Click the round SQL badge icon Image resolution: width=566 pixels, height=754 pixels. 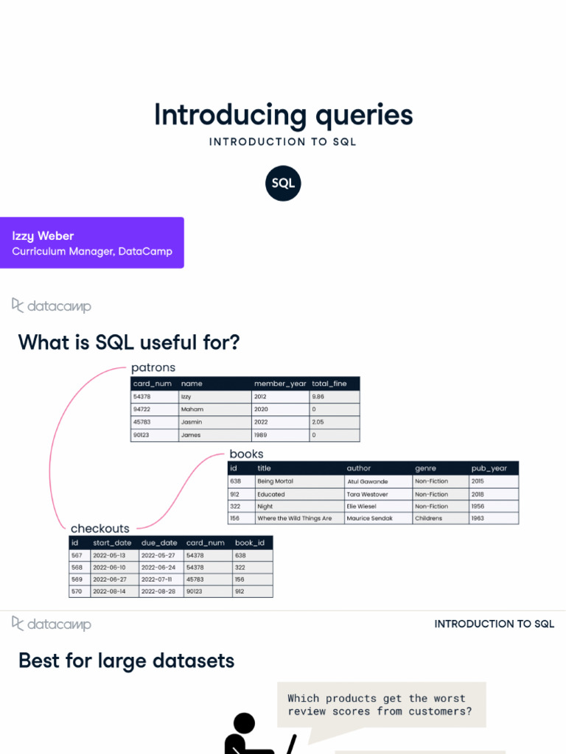click(283, 183)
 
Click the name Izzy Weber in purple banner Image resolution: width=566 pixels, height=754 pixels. click(43, 236)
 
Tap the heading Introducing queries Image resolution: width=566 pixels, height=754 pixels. click(283, 116)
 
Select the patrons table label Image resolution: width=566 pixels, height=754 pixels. click(153, 367)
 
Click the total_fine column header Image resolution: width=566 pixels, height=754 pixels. click(329, 384)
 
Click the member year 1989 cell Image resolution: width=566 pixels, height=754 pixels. click(262, 435)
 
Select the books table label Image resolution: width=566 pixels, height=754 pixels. click(246, 454)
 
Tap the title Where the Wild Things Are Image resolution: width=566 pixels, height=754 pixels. click(294, 518)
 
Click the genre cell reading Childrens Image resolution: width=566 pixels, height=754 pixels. click(428, 518)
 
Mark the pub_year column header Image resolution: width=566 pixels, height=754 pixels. click(489, 468)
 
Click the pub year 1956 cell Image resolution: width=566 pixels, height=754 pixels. click(478, 507)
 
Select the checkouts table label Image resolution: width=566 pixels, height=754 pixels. click(99, 529)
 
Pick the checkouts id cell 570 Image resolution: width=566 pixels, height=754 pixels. click(76, 591)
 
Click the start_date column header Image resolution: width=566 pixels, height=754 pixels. click(109, 543)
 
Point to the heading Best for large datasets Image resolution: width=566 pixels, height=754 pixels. click(126, 660)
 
